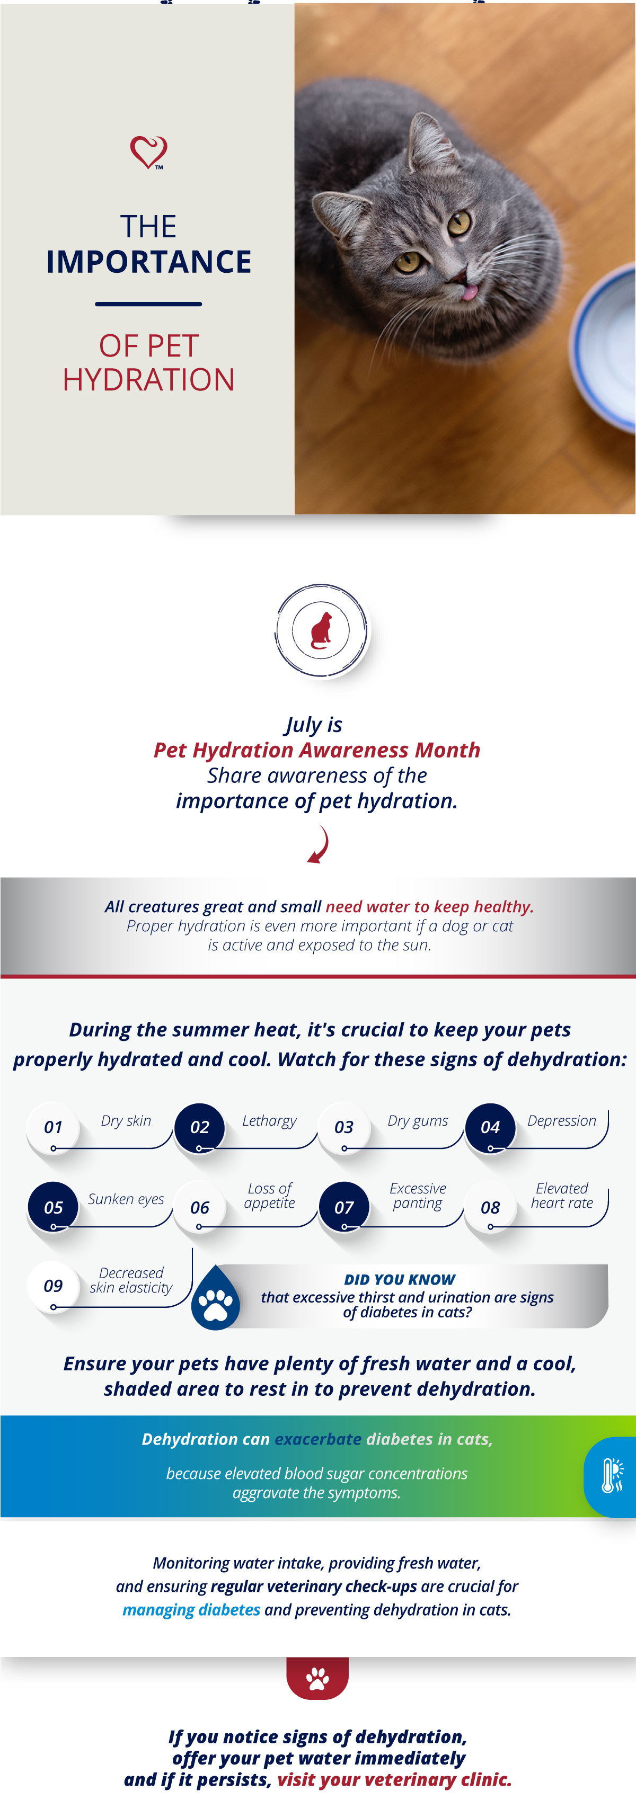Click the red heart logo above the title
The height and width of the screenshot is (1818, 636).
click(148, 151)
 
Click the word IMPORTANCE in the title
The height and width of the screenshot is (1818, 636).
click(149, 262)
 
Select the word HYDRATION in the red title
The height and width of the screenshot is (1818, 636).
click(149, 380)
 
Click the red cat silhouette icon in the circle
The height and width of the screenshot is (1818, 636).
click(322, 630)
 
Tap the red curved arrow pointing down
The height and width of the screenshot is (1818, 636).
click(319, 844)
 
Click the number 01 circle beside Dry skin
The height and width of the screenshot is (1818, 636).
click(53, 1127)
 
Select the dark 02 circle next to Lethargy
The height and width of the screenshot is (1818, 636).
click(200, 1127)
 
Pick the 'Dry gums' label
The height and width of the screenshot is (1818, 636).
click(417, 1121)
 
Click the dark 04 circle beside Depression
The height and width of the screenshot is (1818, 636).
click(490, 1127)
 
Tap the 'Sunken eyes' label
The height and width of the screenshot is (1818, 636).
click(126, 1199)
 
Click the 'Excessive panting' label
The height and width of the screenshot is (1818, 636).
click(417, 1196)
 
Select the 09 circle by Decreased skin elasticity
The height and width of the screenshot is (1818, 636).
click(53, 1286)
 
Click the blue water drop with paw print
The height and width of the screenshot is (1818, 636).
click(216, 1298)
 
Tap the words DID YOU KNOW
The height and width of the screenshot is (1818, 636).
click(400, 1279)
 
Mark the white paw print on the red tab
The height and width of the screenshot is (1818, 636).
click(317, 1678)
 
